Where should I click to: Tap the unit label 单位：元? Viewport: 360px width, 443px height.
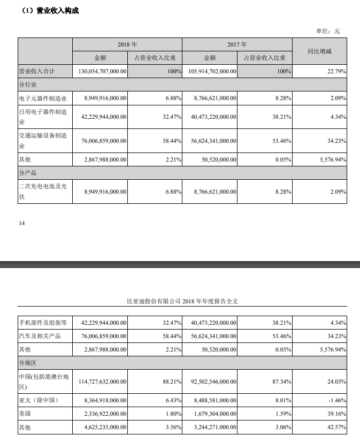[x=327, y=30]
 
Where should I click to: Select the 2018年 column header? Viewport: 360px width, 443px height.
[x=127, y=44]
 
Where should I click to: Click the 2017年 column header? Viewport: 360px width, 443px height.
[x=237, y=44]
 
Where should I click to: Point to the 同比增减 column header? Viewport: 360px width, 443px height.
[x=319, y=51]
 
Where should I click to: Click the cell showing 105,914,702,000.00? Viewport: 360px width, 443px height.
[x=212, y=71]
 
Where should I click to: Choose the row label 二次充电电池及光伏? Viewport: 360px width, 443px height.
[x=43, y=191]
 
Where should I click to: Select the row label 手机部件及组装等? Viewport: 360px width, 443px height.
[x=43, y=323]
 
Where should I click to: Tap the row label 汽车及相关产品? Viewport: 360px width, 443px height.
[x=40, y=336]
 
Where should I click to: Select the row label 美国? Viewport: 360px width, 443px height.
[x=25, y=414]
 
